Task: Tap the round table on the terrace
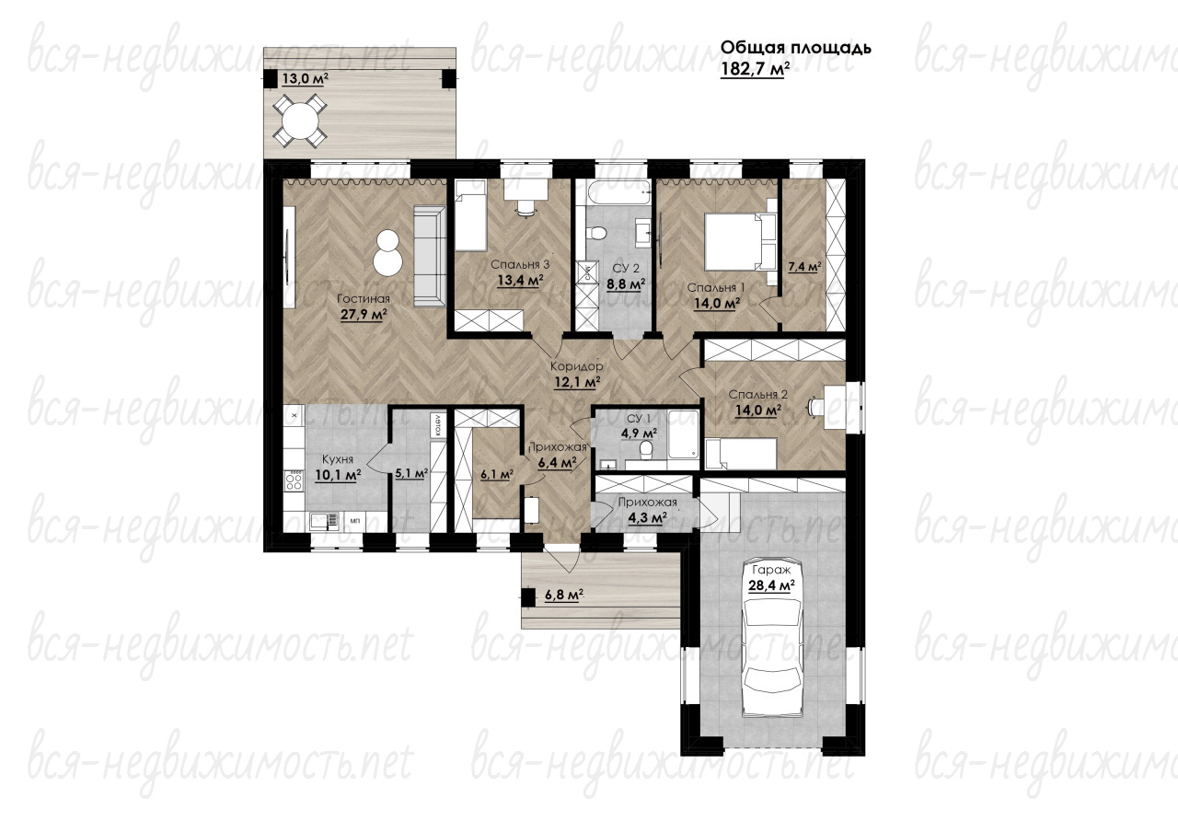(300, 121)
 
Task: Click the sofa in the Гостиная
(430, 256)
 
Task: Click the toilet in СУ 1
(646, 452)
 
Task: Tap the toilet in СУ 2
(596, 232)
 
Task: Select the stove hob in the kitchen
(294, 480)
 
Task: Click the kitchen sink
(324, 521)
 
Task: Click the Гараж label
(771, 570)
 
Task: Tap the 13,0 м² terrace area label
(306, 79)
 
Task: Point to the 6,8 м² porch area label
(564, 595)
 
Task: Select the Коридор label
(576, 366)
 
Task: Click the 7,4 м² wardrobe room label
(804, 266)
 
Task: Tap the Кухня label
(338, 459)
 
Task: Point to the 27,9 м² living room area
(364, 315)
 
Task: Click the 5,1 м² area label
(411, 473)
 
